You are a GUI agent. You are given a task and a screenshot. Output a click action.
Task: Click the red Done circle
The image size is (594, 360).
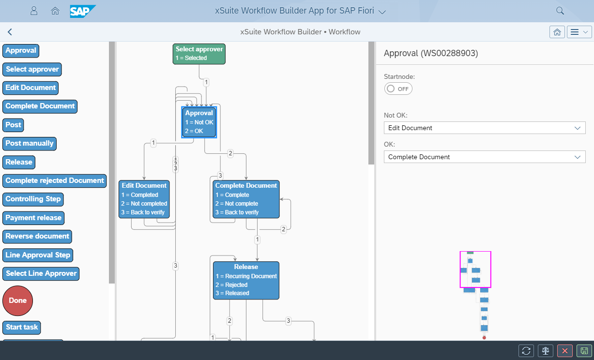(18, 300)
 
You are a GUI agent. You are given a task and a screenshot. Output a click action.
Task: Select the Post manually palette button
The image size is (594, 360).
(30, 144)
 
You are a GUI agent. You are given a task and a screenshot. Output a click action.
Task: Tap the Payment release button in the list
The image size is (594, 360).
(33, 218)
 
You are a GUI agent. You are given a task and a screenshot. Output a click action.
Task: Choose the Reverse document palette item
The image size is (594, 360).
(37, 236)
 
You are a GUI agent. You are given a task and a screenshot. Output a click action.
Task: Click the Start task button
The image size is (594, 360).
(22, 327)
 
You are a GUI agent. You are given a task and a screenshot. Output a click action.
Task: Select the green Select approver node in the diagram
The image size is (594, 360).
(199, 54)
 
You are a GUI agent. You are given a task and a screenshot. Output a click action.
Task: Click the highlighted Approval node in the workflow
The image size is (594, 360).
(199, 122)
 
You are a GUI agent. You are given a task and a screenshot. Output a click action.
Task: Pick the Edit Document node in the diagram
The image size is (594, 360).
(144, 199)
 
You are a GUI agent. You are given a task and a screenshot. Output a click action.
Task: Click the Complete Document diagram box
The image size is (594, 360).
(246, 199)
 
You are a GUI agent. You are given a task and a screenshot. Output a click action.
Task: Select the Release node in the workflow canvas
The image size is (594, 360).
(246, 280)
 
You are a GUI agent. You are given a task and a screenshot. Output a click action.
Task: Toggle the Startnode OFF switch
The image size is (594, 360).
(398, 89)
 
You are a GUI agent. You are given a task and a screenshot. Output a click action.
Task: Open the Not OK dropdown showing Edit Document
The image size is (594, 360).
(484, 128)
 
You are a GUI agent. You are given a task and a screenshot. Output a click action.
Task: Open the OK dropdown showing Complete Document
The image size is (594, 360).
(484, 157)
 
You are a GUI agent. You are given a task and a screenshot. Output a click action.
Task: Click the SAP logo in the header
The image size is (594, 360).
(83, 11)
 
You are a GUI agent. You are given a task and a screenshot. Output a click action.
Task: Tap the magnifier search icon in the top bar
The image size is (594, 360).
(560, 11)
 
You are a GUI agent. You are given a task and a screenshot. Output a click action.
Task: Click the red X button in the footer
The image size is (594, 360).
(565, 351)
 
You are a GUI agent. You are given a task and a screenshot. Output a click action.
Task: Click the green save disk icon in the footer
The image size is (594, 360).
(584, 351)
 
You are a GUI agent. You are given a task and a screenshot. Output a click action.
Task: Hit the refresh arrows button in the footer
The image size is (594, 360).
(526, 351)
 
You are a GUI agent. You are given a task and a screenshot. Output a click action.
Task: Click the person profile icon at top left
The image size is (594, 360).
(34, 11)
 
